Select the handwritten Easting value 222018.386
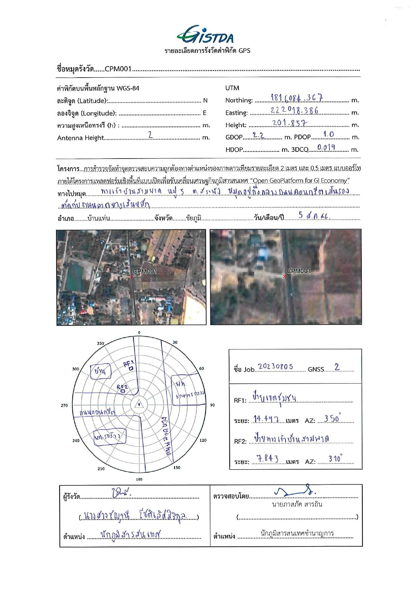(294, 110)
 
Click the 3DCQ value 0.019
(326, 147)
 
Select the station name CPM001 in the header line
(118, 69)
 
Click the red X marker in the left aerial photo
(131, 277)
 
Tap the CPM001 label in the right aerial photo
(299, 271)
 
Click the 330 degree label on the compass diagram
(100, 343)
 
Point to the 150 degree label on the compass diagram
(177, 468)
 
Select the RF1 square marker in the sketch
(131, 368)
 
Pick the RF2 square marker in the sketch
(123, 391)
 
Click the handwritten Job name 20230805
(276, 367)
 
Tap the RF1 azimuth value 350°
(332, 419)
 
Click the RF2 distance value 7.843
(267, 459)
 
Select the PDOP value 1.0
(329, 134)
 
